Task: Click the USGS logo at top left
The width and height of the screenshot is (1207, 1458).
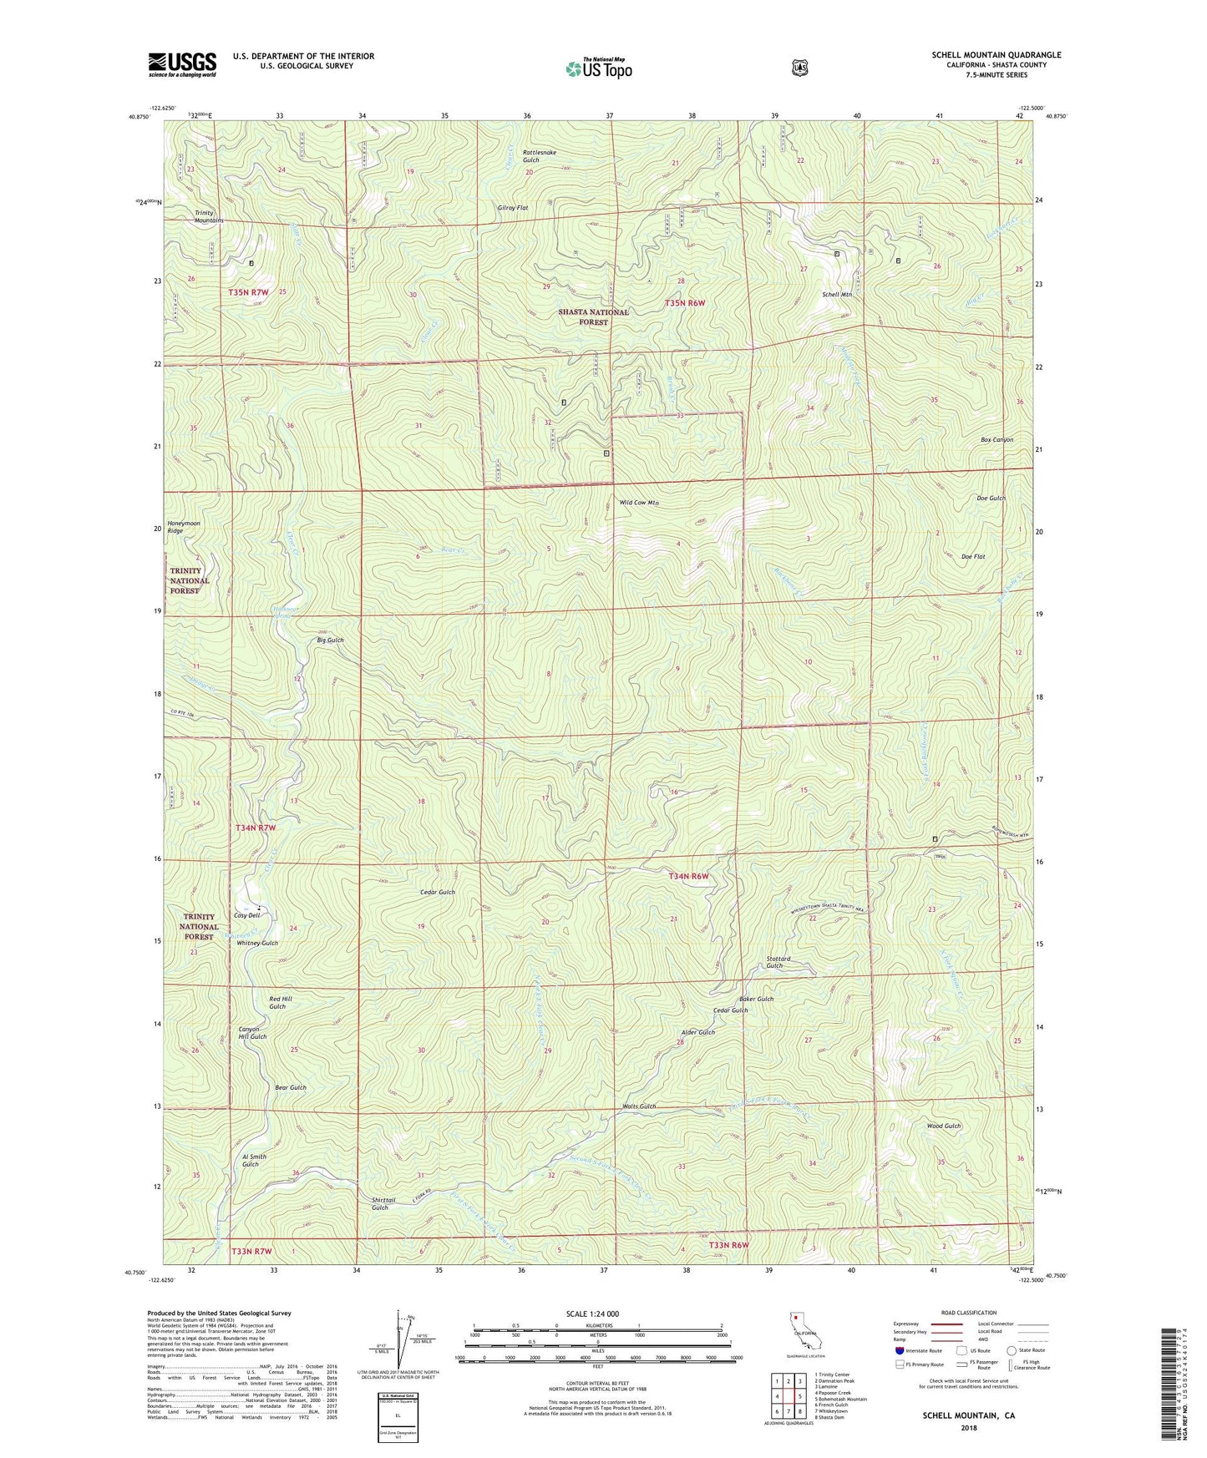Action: pyautogui.click(x=182, y=64)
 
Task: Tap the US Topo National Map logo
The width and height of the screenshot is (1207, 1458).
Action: pyautogui.click(x=598, y=68)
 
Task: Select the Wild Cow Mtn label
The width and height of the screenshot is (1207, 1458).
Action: pyautogui.click(x=639, y=503)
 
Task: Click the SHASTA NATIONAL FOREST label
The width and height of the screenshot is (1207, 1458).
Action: pyautogui.click(x=594, y=316)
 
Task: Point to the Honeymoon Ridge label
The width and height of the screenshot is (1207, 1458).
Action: pyautogui.click(x=184, y=527)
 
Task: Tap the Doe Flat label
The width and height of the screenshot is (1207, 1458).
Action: pyautogui.click(x=973, y=556)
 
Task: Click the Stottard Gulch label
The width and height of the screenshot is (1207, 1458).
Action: pyautogui.click(x=778, y=962)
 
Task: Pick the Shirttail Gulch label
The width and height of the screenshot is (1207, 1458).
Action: pyautogui.click(x=380, y=1203)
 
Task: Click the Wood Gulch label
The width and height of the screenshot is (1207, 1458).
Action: pyautogui.click(x=944, y=1126)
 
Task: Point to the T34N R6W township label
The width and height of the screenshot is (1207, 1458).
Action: pyautogui.click(x=688, y=876)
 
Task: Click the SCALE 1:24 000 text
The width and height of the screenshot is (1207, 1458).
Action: pyautogui.click(x=592, y=1314)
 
